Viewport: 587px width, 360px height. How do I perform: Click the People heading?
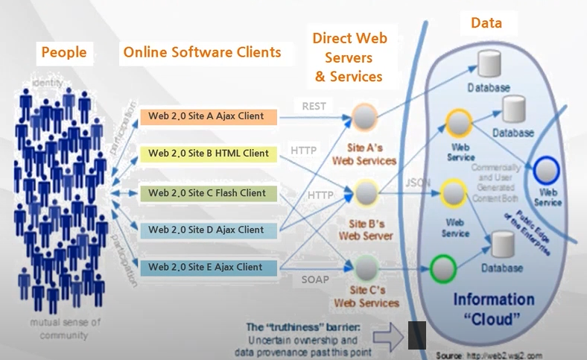64,52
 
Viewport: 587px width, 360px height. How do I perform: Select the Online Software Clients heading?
202,52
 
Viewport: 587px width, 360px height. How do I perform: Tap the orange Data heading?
486,23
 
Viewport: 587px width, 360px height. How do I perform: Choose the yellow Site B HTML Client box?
208,154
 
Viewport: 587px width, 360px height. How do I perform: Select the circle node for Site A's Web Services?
364,117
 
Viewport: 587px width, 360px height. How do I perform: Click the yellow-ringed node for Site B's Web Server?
366,192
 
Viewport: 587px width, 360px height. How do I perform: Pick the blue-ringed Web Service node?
548,170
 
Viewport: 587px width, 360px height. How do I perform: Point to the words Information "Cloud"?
495,309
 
